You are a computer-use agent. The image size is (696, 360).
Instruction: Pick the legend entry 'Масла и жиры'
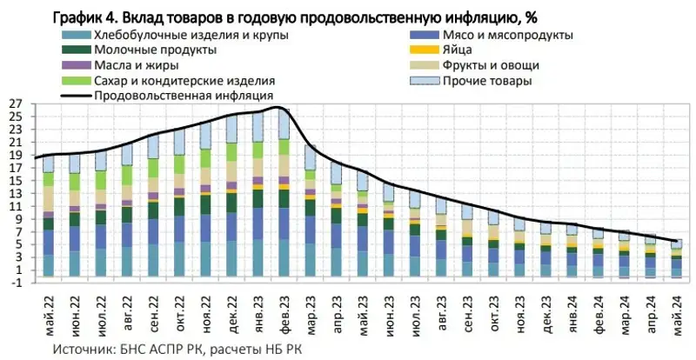tap(112, 65)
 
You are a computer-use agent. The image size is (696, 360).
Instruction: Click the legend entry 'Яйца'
tap(458, 50)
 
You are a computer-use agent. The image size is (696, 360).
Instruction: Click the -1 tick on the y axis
tap(17, 283)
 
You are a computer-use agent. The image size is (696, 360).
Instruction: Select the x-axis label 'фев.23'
tap(283, 317)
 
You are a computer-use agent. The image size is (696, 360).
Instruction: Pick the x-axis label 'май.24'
tap(675, 317)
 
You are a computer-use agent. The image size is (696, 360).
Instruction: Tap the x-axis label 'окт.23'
tap(492, 317)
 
